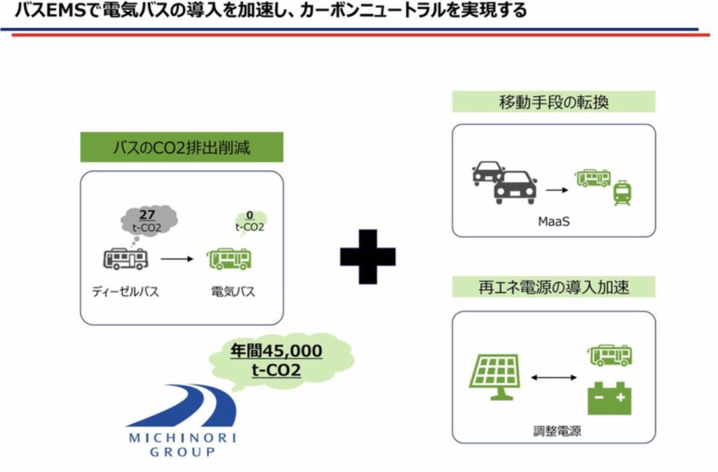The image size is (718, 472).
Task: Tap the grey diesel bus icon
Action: (x=126, y=259)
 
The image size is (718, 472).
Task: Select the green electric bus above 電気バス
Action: (x=229, y=259)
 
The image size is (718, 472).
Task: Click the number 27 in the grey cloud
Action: (x=148, y=215)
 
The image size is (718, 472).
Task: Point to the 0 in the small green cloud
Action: (x=250, y=216)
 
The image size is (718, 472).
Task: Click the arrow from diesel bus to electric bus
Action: (x=177, y=259)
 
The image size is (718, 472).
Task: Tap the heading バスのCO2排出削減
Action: (x=181, y=147)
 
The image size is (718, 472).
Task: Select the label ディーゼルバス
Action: (x=126, y=292)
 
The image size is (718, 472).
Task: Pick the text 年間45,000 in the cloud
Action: (x=277, y=351)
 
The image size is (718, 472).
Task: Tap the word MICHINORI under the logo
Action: (x=182, y=438)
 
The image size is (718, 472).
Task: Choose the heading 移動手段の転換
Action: (x=553, y=102)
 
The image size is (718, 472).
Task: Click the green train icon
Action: (x=621, y=193)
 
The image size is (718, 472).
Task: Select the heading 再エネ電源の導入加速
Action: (x=553, y=287)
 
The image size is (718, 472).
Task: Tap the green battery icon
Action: (x=608, y=398)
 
